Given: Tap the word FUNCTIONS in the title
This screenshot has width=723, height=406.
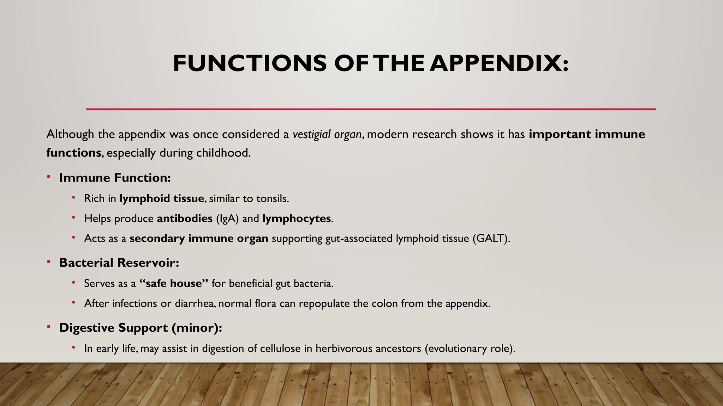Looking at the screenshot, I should click(250, 63).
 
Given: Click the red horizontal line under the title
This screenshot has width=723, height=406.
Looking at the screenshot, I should click(371, 109).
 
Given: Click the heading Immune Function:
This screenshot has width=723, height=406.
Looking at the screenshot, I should click(115, 178).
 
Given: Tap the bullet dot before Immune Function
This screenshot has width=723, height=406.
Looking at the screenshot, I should click(49, 177).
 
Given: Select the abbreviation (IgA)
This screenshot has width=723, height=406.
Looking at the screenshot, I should click(227, 219).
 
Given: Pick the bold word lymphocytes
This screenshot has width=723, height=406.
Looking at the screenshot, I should click(297, 219).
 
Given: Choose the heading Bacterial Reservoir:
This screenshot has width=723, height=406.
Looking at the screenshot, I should click(119, 263).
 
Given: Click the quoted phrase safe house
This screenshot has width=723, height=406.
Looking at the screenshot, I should click(174, 283).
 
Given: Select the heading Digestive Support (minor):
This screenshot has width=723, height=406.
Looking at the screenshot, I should click(141, 328).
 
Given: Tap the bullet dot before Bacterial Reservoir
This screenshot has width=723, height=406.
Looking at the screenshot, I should click(49, 262).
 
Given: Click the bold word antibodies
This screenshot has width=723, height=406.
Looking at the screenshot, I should click(185, 219).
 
